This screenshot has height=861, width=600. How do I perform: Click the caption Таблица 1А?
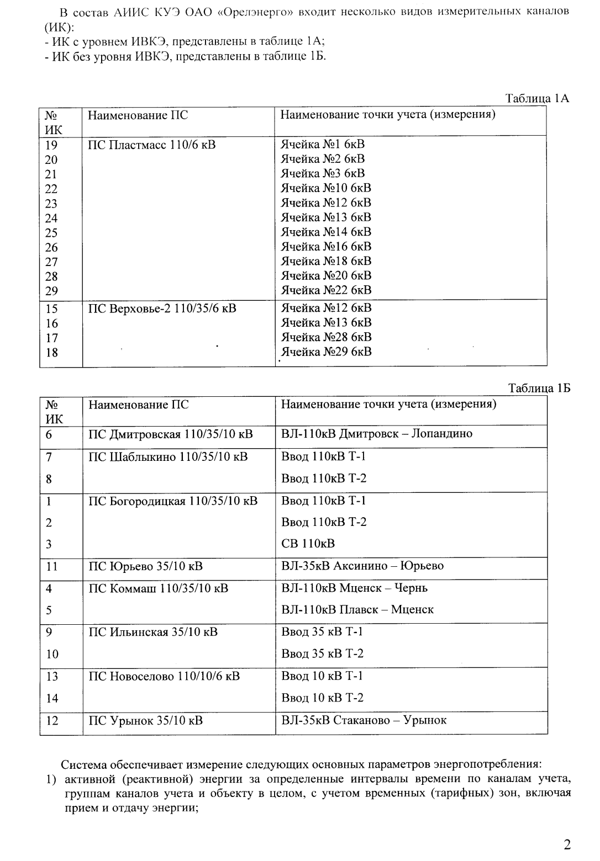click(537, 99)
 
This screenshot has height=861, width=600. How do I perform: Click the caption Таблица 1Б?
click(539, 389)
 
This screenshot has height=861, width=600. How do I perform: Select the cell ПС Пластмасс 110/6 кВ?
click(152, 145)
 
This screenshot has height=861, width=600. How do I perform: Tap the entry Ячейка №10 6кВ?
click(326, 188)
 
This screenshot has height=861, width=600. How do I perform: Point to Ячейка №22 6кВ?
click(326, 290)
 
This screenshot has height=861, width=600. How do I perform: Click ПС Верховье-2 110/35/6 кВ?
click(162, 308)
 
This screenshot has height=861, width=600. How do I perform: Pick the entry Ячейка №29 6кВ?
click(326, 352)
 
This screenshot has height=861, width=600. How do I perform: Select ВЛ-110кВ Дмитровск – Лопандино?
click(377, 434)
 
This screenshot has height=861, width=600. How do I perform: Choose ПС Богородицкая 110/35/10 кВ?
click(173, 501)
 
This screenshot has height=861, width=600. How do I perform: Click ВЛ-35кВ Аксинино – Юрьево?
click(362, 566)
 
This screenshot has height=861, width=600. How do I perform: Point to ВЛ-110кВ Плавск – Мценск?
click(357, 609)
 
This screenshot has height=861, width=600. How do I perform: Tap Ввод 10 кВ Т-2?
click(322, 698)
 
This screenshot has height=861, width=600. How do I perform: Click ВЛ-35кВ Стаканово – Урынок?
click(364, 720)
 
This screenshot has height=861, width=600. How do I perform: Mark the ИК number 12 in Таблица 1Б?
click(52, 720)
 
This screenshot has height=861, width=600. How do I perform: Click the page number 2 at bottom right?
click(567, 844)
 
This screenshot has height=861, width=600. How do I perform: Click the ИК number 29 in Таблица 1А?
click(51, 291)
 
